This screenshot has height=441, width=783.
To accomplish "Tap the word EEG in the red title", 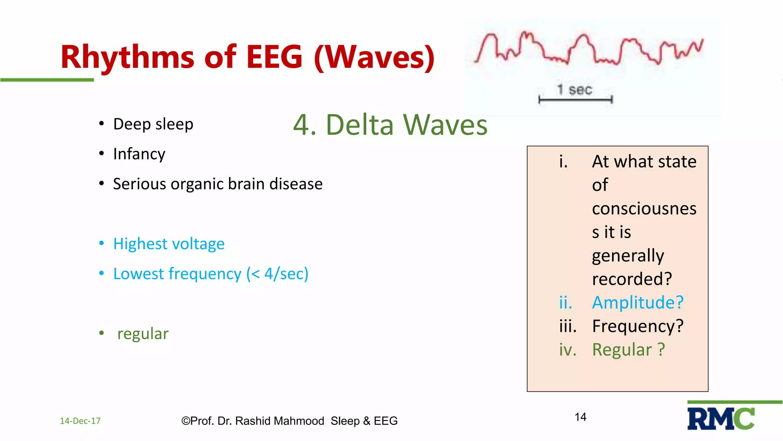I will pyautogui.click(x=274, y=57).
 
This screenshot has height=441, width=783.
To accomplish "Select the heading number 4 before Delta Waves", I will pyautogui.click(x=304, y=125).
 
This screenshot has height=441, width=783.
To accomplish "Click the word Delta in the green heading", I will pyautogui.click(x=359, y=125).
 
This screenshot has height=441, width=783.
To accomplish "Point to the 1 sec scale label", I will pyautogui.click(x=575, y=90).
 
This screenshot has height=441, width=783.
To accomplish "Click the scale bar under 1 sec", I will pyautogui.click(x=575, y=100).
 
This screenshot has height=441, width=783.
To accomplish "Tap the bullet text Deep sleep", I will pyautogui.click(x=153, y=124).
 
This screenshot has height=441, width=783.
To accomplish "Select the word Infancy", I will pyautogui.click(x=139, y=154).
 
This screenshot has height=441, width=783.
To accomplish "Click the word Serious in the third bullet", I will pyautogui.click(x=139, y=184).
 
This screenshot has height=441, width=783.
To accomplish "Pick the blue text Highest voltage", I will pyautogui.click(x=169, y=244).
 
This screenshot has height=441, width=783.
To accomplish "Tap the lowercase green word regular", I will pyautogui.click(x=143, y=334).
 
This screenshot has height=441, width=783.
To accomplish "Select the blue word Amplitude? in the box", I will pyautogui.click(x=637, y=302).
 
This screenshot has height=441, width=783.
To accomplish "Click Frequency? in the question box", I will pyautogui.click(x=637, y=326).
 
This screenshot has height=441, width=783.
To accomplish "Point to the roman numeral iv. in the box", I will pyautogui.click(x=567, y=350).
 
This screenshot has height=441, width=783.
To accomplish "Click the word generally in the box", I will pyautogui.click(x=628, y=256).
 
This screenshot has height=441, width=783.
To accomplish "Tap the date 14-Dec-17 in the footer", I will pyautogui.click(x=80, y=421).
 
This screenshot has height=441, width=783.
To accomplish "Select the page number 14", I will pyautogui.click(x=580, y=417).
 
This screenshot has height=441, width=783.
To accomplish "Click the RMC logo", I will pyautogui.click(x=721, y=419).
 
